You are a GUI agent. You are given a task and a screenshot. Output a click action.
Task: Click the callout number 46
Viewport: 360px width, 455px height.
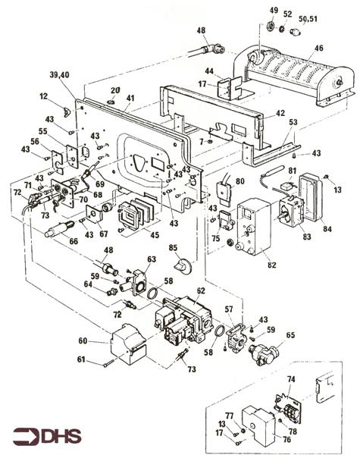pyautogui.click(x=318, y=48)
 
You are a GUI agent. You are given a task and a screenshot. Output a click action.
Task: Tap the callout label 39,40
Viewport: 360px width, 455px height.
pyautogui.click(x=60, y=75)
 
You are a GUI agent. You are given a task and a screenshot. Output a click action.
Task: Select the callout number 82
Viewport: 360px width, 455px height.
pyautogui.click(x=272, y=265)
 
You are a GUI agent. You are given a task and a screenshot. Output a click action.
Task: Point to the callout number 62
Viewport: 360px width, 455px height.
pyautogui.click(x=201, y=290)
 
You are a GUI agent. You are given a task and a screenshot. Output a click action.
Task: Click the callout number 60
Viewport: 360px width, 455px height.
pyautogui.click(x=83, y=340)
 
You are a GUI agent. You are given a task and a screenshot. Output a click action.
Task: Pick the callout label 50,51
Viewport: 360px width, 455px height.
pyautogui.click(x=308, y=19)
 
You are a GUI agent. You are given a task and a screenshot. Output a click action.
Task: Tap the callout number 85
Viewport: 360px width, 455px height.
pyautogui.click(x=174, y=248)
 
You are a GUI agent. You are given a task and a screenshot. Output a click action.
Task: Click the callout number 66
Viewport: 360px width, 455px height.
pyautogui.click(x=74, y=241)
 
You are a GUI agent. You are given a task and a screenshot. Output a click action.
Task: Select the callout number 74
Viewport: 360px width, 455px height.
pyautogui.click(x=291, y=379)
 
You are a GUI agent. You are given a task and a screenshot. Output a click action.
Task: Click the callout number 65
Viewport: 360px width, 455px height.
pyautogui.click(x=290, y=335)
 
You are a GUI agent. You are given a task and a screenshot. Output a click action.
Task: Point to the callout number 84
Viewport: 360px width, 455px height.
pyautogui.click(x=327, y=229)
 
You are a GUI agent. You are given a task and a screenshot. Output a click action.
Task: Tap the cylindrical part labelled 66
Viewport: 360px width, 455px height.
pyautogui.click(x=60, y=229)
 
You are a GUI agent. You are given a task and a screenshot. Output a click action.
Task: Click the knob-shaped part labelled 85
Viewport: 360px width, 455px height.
pyautogui.click(x=183, y=266)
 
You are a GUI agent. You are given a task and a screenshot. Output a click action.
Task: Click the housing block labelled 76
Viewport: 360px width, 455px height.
pyautogui.click(x=259, y=425)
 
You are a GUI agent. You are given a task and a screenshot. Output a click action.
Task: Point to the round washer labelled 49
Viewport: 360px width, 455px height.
pyautogui.click(x=271, y=27)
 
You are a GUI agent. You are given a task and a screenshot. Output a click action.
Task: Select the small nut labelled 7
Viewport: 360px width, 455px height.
pyautogui.click(x=211, y=142)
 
